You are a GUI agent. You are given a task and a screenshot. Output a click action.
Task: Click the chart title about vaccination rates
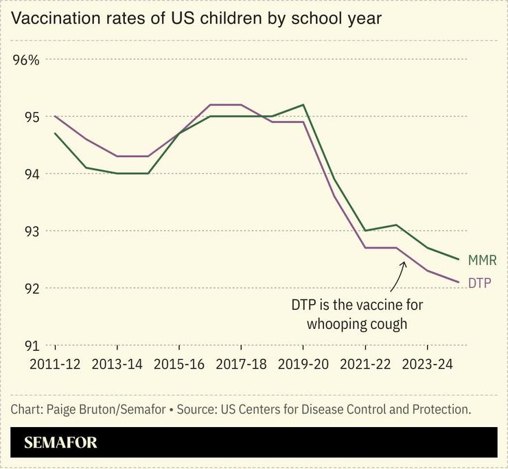[x=196, y=19]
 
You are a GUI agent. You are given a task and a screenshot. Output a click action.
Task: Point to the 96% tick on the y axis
[x=27, y=60]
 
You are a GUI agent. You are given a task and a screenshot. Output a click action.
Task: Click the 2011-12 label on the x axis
[x=55, y=365]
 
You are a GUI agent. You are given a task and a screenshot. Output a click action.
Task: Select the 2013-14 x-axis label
[x=117, y=365]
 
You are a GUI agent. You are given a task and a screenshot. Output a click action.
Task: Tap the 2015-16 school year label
[x=179, y=365]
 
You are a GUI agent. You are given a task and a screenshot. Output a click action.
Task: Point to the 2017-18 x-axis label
[x=241, y=365]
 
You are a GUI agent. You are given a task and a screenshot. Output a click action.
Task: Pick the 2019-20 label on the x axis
[x=303, y=365]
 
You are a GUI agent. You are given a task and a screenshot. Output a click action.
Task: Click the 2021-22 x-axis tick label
[x=365, y=365]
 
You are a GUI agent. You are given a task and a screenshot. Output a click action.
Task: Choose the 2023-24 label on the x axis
[x=427, y=365]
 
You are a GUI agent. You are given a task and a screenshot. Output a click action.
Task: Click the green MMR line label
[x=482, y=260]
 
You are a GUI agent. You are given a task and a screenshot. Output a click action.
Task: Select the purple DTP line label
[x=480, y=282]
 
